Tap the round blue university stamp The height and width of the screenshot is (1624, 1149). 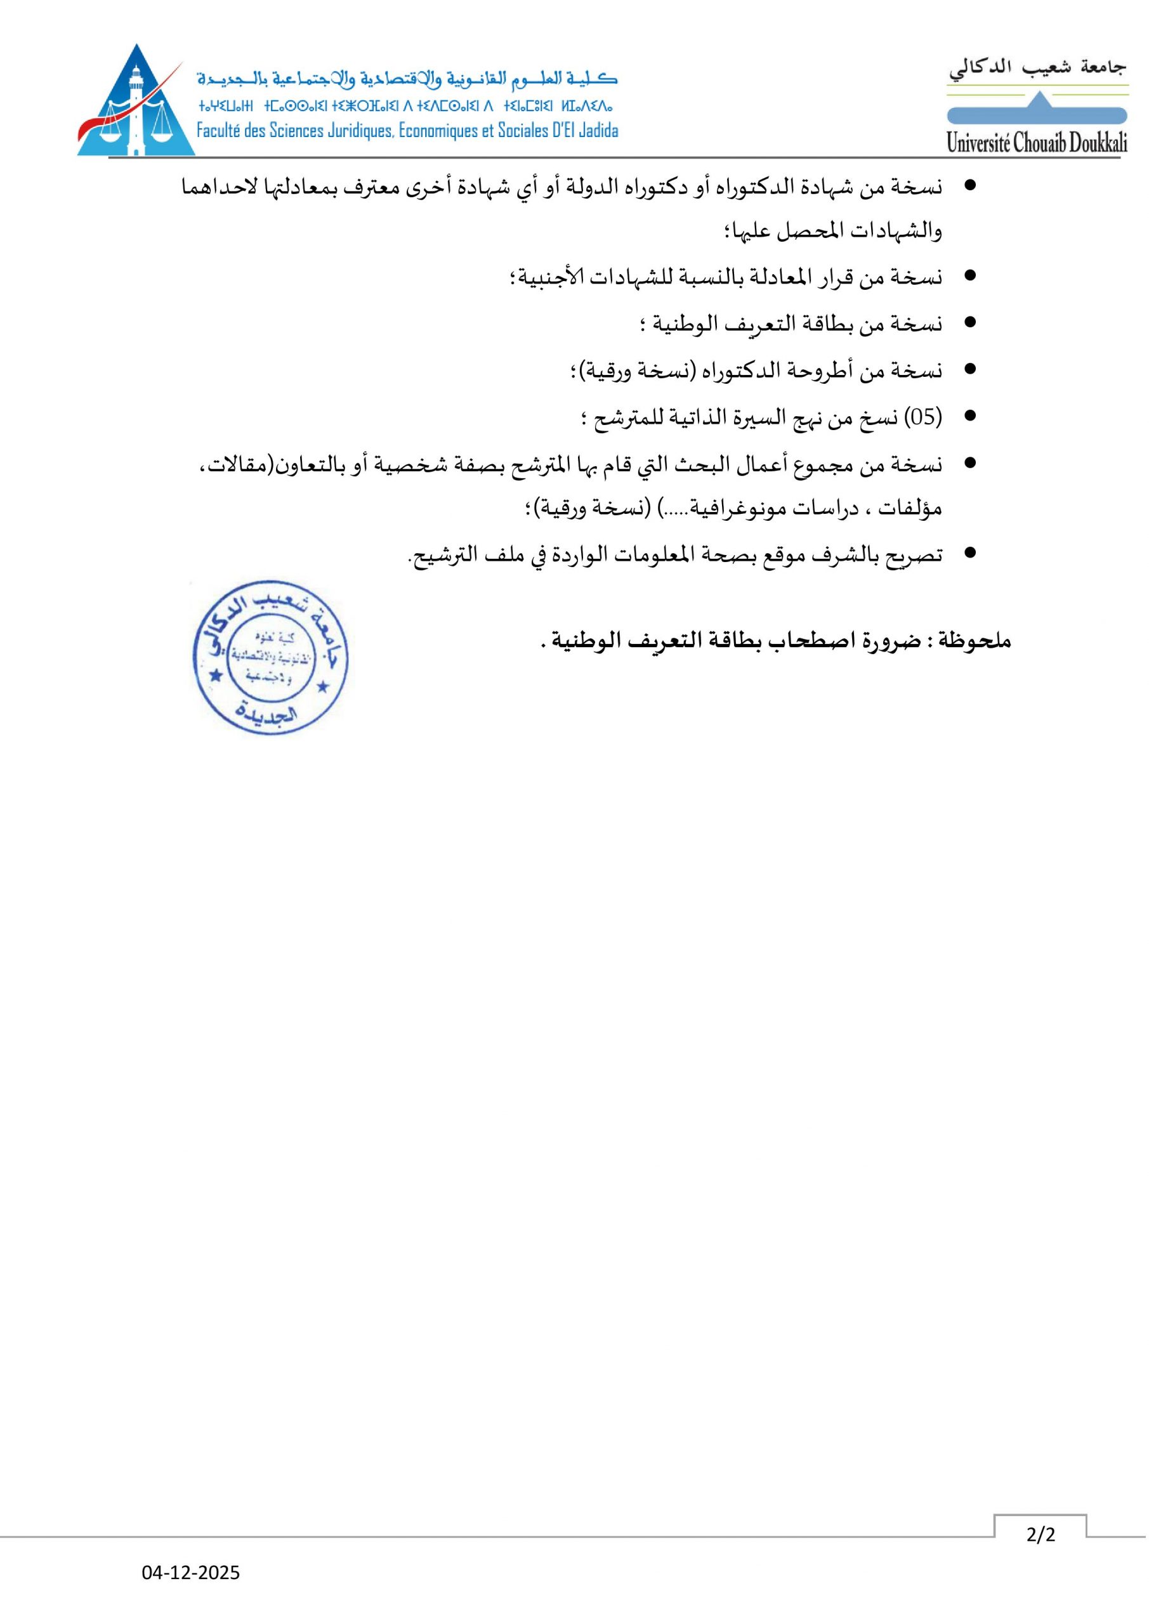[x=270, y=657]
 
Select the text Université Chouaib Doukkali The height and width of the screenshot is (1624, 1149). [x=1037, y=143]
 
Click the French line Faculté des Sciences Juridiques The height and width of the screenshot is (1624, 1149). [x=407, y=131]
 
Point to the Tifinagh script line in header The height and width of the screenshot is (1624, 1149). [x=406, y=107]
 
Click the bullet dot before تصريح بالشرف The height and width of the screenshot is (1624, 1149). [x=970, y=553]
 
